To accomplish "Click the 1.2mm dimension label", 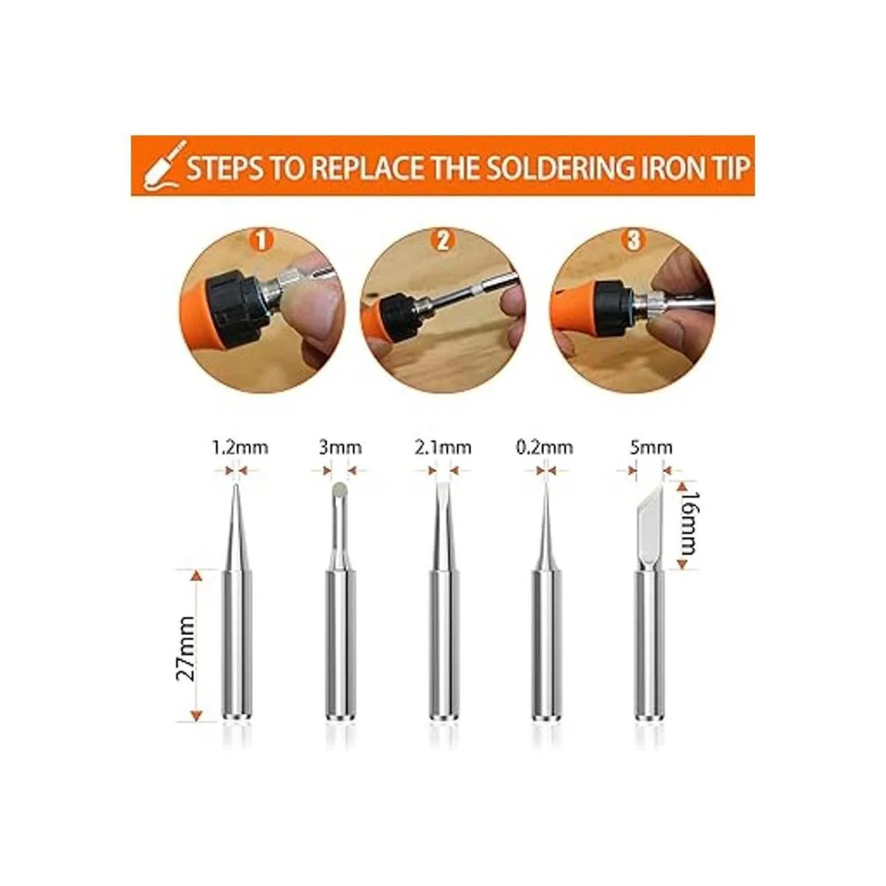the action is [240, 447].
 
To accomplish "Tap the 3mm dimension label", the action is [340, 447].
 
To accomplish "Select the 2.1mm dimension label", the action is [443, 447].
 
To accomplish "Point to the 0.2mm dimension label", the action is [545, 447].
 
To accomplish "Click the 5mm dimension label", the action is [650, 447].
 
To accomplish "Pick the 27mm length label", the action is [186, 648].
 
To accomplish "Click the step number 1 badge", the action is [261, 241].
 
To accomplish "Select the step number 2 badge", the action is [442, 241].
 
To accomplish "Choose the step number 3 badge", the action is [633, 241].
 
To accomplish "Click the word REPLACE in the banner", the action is [366, 168].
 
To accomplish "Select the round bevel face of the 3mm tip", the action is [340, 489].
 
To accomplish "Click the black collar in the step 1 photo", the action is [236, 303].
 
